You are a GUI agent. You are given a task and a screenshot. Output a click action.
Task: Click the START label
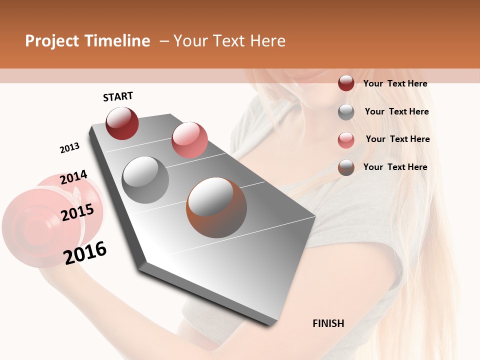point(118,96)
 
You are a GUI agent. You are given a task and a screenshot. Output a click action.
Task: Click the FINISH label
point(328,323)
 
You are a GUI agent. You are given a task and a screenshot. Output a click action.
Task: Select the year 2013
point(69,148)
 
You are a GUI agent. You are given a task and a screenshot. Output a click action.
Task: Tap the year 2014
point(73,177)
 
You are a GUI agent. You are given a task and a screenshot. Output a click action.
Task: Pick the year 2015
point(77,213)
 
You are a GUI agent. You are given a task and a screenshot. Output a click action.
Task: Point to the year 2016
point(85,252)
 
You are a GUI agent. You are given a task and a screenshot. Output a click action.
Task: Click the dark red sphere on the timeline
point(122,123)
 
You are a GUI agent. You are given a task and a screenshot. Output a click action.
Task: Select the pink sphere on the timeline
point(189,140)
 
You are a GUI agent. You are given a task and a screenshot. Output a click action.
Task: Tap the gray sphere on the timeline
point(145,180)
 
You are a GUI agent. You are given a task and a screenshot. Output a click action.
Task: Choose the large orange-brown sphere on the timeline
point(216,207)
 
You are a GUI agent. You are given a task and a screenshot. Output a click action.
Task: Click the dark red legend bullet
point(346,83)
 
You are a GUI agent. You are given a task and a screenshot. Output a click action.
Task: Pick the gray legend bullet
point(346,112)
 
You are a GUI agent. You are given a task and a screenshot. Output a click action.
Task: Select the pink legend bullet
point(346,140)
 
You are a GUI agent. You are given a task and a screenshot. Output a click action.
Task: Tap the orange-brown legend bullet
point(346,167)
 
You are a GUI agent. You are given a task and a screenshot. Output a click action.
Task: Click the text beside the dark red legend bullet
point(395,83)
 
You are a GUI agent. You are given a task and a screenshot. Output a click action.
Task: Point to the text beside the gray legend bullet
point(396,111)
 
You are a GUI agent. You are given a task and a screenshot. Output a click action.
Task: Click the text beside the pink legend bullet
point(397,139)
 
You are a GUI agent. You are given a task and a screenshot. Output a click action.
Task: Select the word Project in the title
point(52,41)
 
